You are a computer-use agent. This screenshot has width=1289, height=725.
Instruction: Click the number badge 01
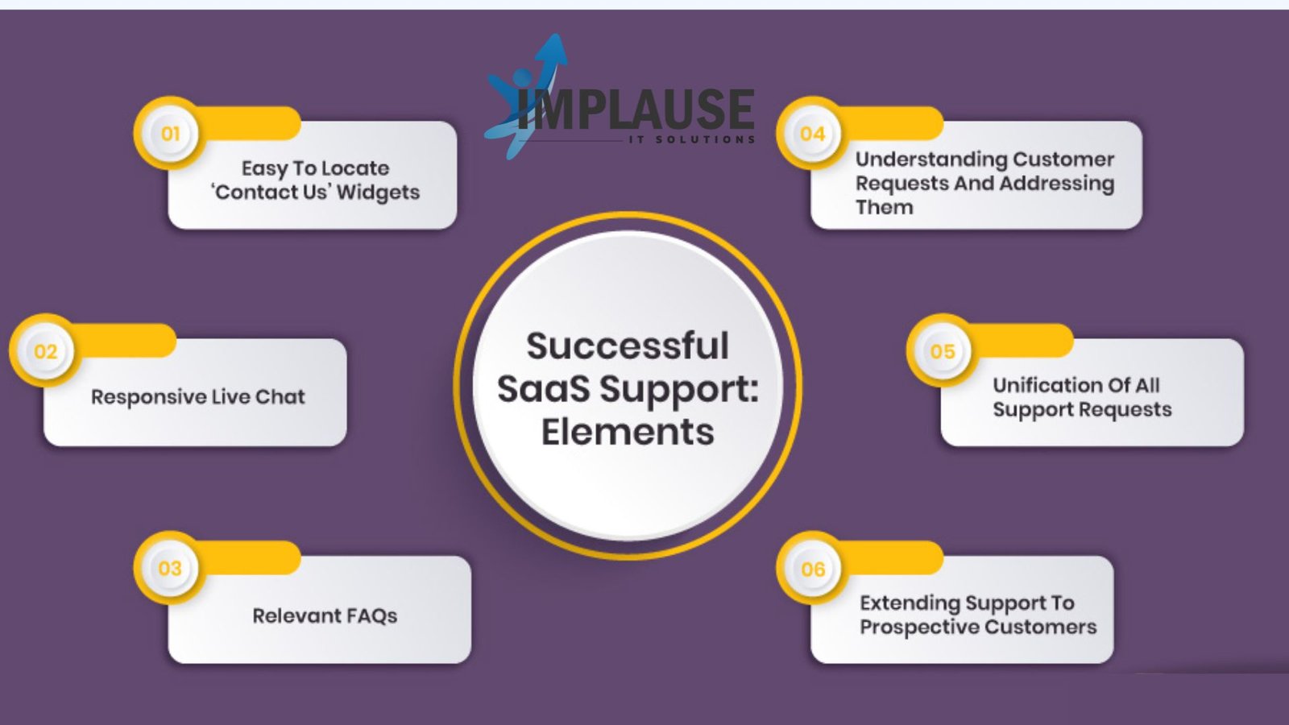(x=170, y=134)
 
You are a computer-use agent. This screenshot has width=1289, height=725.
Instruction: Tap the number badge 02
(x=45, y=351)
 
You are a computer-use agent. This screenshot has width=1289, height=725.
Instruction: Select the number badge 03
(x=170, y=569)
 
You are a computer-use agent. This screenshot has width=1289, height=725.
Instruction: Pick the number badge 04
(x=813, y=134)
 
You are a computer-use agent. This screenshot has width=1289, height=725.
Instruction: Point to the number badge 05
(x=943, y=351)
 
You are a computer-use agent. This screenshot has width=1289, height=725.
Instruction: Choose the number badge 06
(x=813, y=569)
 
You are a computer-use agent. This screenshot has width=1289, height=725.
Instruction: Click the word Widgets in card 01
(x=378, y=193)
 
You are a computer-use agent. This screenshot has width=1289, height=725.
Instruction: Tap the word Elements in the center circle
(x=628, y=432)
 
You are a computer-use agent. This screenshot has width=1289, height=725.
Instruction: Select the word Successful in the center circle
(x=628, y=346)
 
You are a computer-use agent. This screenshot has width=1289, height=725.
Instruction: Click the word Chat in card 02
(x=280, y=396)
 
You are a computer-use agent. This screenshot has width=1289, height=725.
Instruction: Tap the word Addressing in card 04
(x=1057, y=184)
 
